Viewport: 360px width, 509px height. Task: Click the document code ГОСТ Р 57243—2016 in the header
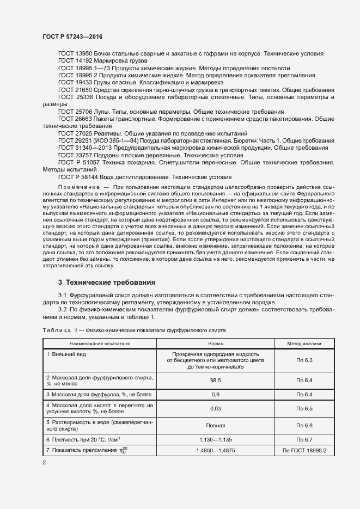(x=72, y=36)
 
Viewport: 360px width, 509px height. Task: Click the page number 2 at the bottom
(x=44, y=463)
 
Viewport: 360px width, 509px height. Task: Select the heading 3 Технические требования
(x=107, y=283)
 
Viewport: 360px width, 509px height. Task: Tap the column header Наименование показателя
(x=99, y=344)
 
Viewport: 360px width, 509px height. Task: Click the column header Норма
(x=215, y=344)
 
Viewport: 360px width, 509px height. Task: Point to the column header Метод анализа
(x=304, y=344)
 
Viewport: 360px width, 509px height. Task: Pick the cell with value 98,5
(x=215, y=381)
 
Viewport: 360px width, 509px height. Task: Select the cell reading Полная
(x=215, y=425)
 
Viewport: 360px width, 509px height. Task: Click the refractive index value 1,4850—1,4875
(x=215, y=451)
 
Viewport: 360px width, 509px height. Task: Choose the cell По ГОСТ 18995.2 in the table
(x=304, y=451)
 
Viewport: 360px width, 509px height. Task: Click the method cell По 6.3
(x=304, y=360)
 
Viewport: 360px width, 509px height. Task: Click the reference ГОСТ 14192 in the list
(x=75, y=61)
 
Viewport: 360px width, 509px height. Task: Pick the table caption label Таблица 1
(x=60, y=330)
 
